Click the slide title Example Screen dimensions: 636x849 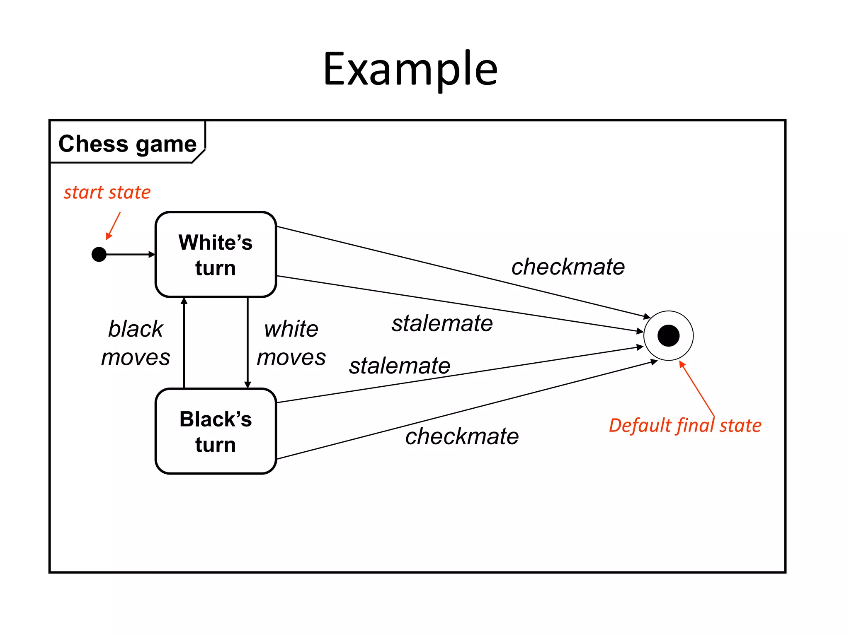(x=410, y=70)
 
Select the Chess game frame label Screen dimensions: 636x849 (x=127, y=144)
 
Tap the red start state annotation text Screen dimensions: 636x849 (x=107, y=192)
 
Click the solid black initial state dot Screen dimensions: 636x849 (x=99, y=254)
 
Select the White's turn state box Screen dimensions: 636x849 (x=216, y=254)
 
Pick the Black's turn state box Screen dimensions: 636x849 (x=216, y=431)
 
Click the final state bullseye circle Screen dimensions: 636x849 (x=668, y=335)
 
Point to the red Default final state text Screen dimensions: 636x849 (x=685, y=425)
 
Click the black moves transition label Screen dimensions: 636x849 (x=136, y=343)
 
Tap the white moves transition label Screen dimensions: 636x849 (x=291, y=343)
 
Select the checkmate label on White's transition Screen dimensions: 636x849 (x=568, y=266)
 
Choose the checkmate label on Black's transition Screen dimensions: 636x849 (x=462, y=436)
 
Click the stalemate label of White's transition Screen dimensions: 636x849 (x=442, y=323)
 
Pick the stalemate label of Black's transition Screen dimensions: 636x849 (x=399, y=366)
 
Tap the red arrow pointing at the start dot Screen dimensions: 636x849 (x=114, y=226)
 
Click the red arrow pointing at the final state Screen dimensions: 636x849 (x=697, y=388)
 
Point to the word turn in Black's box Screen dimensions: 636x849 (x=216, y=445)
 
